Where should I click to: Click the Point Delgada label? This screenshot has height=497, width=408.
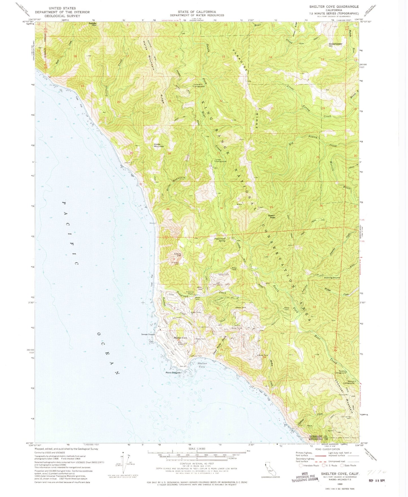click(173, 373)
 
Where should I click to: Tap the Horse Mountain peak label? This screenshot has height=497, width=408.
click(159, 145)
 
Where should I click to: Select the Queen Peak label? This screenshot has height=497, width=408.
click(271, 216)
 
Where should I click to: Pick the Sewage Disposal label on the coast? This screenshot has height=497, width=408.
click(149, 335)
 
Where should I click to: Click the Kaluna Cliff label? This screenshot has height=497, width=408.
click(177, 255)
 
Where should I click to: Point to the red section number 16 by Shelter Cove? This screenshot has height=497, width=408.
click(178, 340)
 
